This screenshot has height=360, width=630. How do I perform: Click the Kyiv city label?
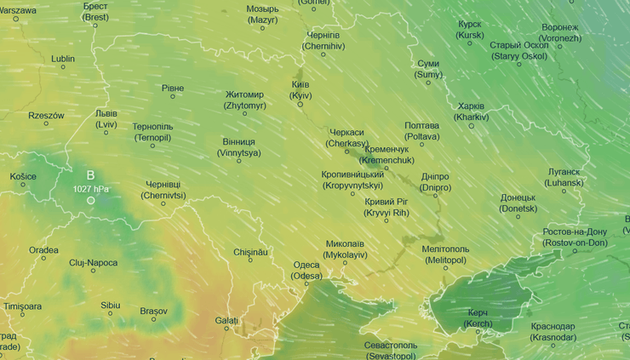(x=300, y=90)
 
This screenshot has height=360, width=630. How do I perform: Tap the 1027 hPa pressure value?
(x=91, y=189)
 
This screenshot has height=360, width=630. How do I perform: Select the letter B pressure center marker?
(x=90, y=175)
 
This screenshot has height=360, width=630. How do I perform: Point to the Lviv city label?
(x=106, y=118)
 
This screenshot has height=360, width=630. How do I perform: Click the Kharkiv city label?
(x=471, y=111)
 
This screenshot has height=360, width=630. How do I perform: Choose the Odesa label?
(x=306, y=271)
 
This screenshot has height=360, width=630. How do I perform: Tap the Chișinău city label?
(x=250, y=252)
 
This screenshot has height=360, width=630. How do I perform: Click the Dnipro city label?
(x=435, y=182)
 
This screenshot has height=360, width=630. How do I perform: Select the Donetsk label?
(x=518, y=203)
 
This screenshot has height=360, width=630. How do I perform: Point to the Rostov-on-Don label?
(x=575, y=237)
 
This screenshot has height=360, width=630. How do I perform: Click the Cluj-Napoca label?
(x=93, y=263)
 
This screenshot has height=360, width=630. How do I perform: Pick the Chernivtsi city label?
(x=163, y=189)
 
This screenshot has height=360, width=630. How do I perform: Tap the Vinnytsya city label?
(x=238, y=147)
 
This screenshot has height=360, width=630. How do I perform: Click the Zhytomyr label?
(x=244, y=100)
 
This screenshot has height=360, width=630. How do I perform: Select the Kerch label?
(x=478, y=318)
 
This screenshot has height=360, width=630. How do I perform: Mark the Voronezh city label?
(x=560, y=32)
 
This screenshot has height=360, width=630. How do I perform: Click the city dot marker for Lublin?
(x=62, y=71)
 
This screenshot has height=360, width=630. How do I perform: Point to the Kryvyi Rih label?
(x=387, y=207)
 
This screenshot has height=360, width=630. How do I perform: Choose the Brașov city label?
(x=154, y=311)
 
